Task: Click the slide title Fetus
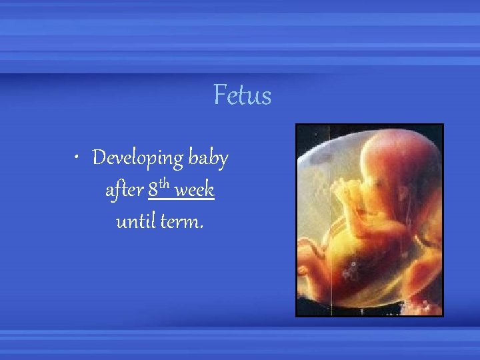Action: pyautogui.click(x=242, y=95)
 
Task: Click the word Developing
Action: pyautogui.click(x=137, y=159)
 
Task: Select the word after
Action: pyautogui.click(x=124, y=191)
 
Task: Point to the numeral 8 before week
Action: pyautogui.click(x=153, y=191)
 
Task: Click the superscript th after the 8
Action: pyautogui.click(x=166, y=185)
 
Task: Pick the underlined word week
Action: pyautogui.click(x=195, y=191)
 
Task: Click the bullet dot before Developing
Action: pyautogui.click(x=79, y=159)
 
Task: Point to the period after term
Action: pyautogui.click(x=201, y=227)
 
